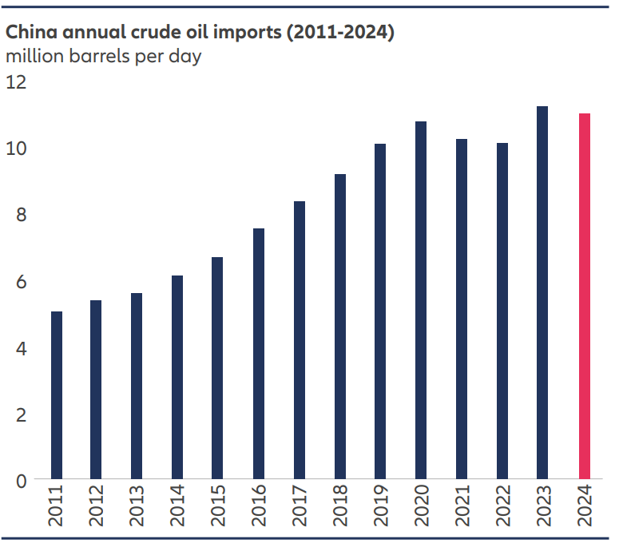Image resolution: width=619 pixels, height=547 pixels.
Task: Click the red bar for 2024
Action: [x=584, y=296]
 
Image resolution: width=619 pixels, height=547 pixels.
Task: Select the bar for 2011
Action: [x=57, y=395]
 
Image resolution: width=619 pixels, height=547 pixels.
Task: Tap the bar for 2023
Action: [x=543, y=293]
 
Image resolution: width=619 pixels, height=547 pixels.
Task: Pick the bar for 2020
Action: [x=421, y=300]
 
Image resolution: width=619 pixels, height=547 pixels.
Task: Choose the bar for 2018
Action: [x=340, y=327]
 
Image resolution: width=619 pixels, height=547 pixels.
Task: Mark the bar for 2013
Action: [x=137, y=386]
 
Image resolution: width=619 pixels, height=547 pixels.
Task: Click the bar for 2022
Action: [x=502, y=311]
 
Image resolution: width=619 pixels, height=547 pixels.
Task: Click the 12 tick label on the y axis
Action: [x=17, y=82]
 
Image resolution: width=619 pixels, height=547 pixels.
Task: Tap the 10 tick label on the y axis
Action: [x=17, y=149]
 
